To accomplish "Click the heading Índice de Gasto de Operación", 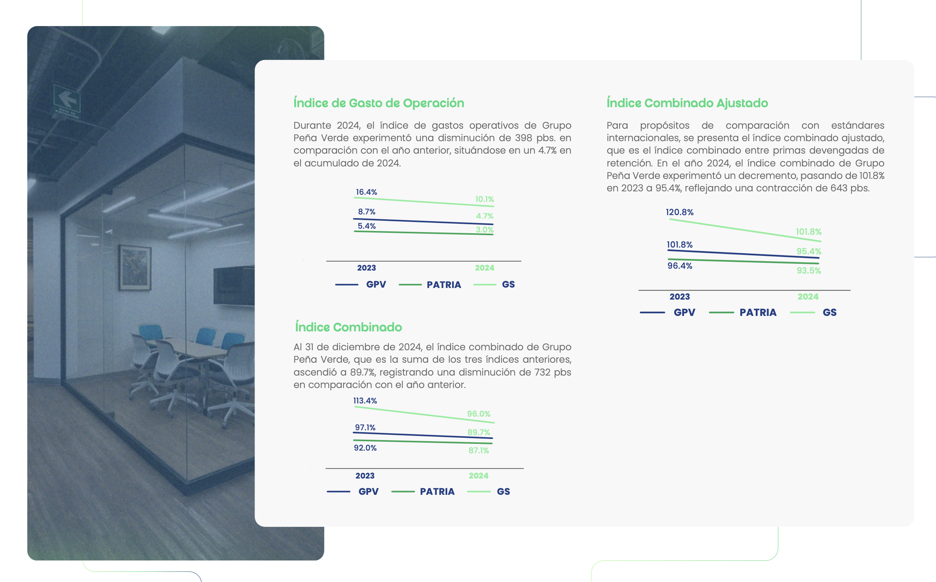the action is (x=379, y=103).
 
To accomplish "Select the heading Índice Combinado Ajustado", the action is (x=687, y=103).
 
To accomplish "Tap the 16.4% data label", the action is (x=367, y=192).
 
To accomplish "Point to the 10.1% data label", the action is (x=485, y=199).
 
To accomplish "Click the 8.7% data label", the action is (x=367, y=212).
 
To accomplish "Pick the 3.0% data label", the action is (x=485, y=230).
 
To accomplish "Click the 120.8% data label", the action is (x=680, y=212).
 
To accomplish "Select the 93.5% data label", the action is (x=809, y=271).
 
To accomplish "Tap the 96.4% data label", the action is (x=680, y=266).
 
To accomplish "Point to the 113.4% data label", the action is (x=365, y=401).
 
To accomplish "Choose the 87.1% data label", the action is (x=479, y=450).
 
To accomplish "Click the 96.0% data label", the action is (x=479, y=414).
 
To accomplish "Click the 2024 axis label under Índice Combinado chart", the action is (x=479, y=476).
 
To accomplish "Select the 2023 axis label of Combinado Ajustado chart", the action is (x=680, y=297).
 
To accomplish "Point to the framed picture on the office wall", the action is (x=135, y=267).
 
